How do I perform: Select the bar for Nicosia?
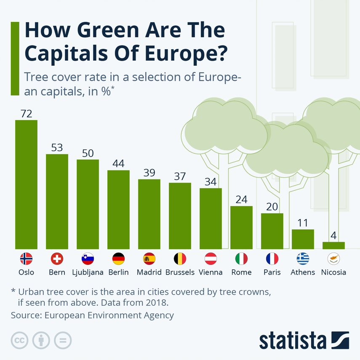[333, 245]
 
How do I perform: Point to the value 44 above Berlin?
[118, 163]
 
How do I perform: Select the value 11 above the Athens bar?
[303, 223]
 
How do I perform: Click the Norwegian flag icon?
[26, 259]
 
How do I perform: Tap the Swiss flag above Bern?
[57, 259]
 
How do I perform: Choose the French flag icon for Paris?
[272, 259]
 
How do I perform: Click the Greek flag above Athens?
[303, 259]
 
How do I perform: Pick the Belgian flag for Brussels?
[180, 259]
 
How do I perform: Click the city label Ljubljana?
[88, 272]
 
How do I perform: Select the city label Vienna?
[211, 272]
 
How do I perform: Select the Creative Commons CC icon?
[19, 340]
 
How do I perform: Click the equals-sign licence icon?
[63, 340]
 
